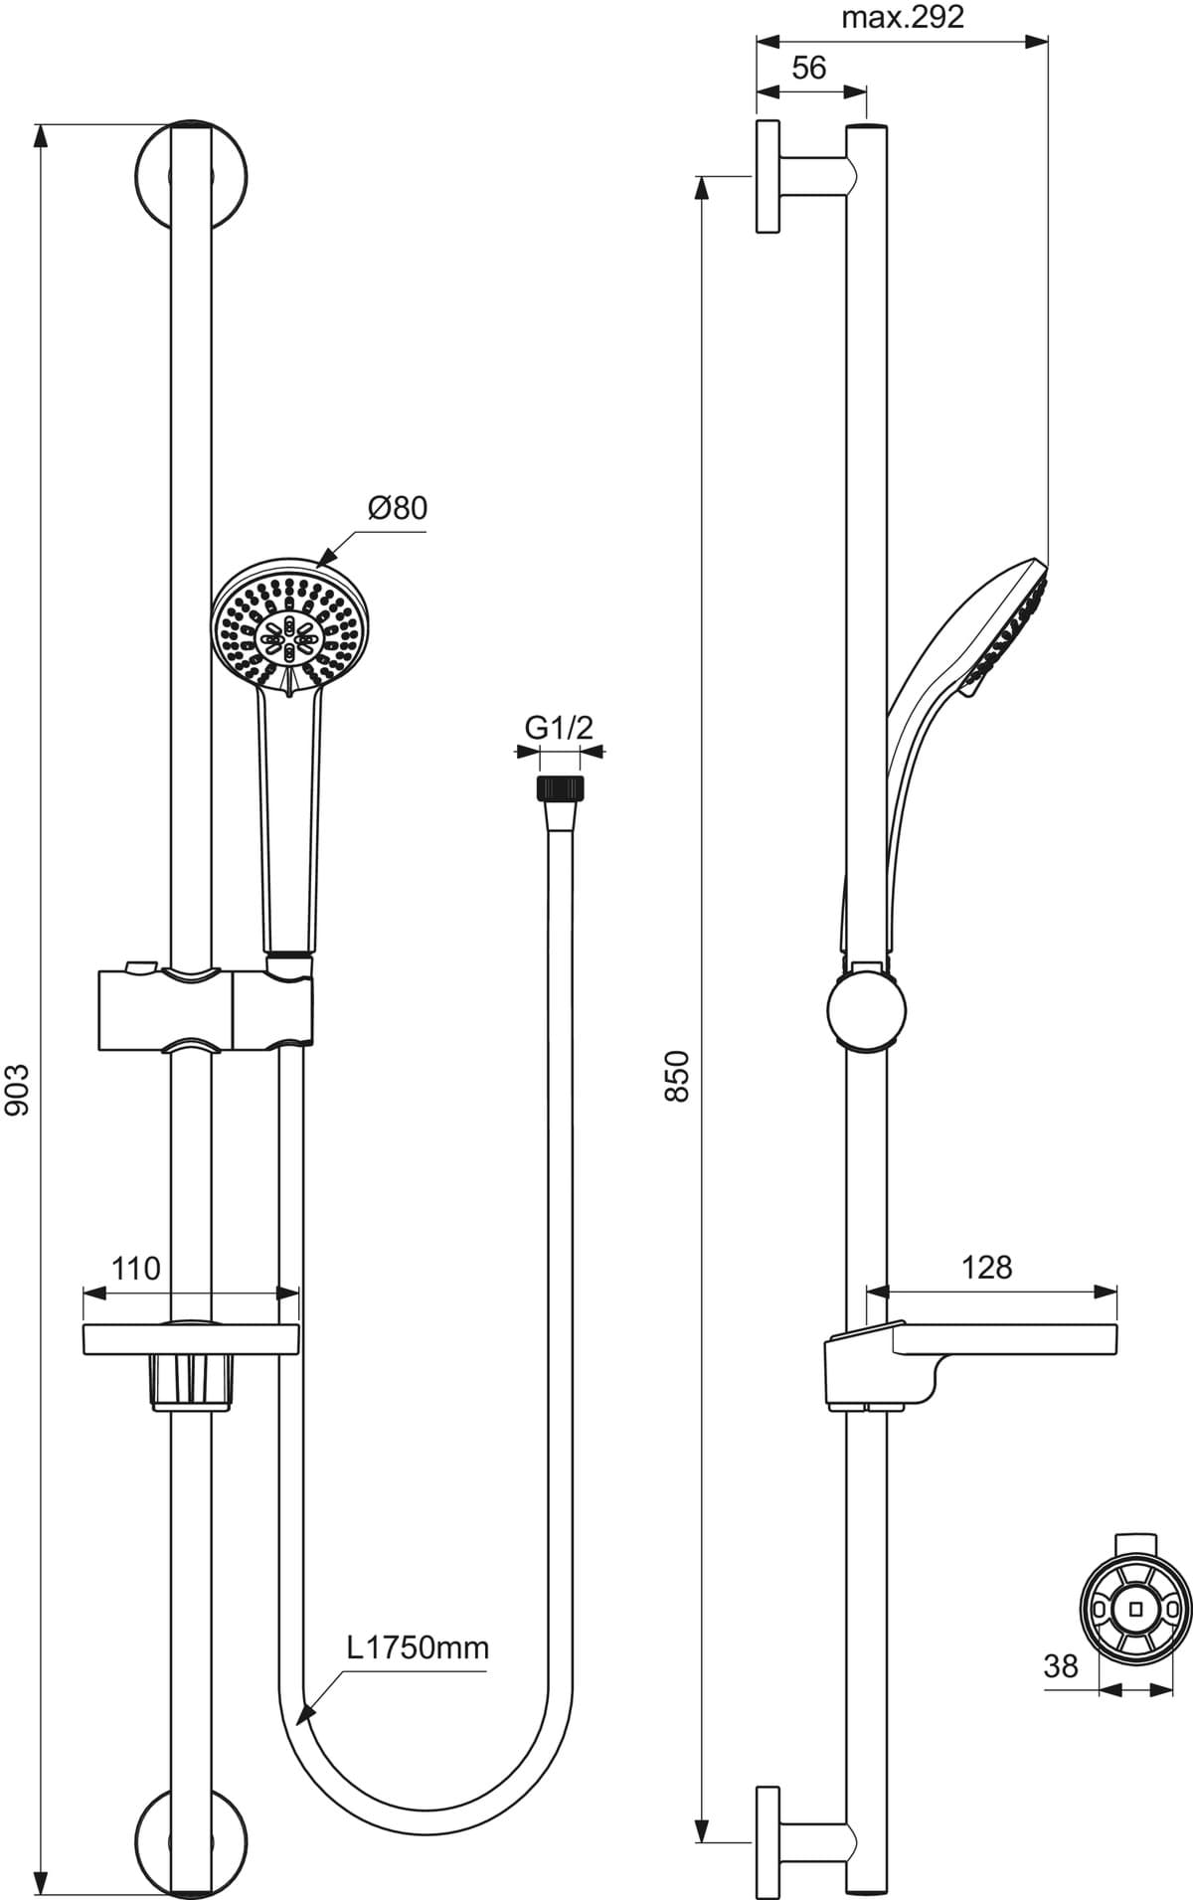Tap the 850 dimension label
pyautogui.click(x=677, y=1075)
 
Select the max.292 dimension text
pyautogui.click(x=903, y=18)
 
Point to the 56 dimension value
pyautogui.click(x=809, y=68)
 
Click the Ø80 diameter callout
pyautogui.click(x=397, y=508)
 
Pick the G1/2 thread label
pyautogui.click(x=559, y=728)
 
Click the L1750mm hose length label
pyautogui.click(x=418, y=1647)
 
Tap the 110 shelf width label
pyautogui.click(x=135, y=1269)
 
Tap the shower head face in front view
pyautogui.click(x=289, y=623)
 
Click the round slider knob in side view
pyautogui.click(x=867, y=1007)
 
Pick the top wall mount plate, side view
pyautogui.click(x=767, y=177)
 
